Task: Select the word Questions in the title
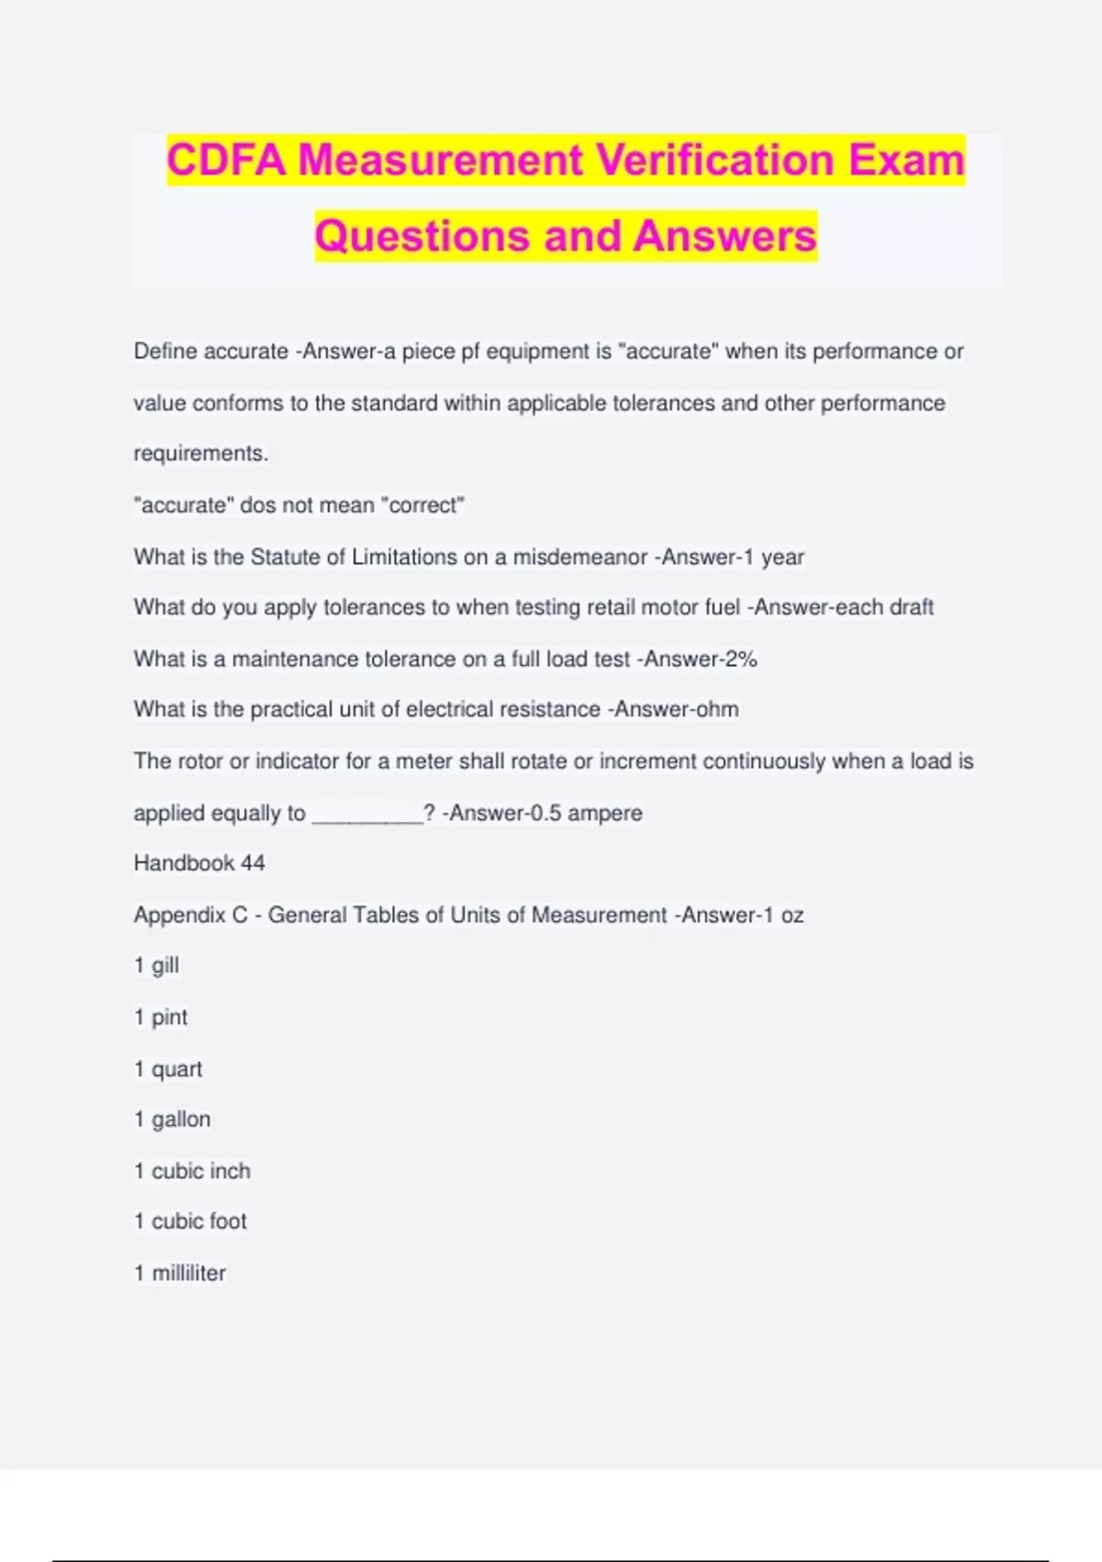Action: (423, 236)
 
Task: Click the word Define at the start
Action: (165, 351)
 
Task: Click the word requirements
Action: (200, 454)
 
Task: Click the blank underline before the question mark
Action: (367, 814)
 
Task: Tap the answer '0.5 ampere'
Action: (587, 813)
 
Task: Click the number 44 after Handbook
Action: (253, 864)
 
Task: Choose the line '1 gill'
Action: (156, 966)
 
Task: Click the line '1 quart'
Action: (168, 1070)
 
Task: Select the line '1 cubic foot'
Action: (190, 1221)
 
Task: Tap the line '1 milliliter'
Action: (180, 1273)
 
